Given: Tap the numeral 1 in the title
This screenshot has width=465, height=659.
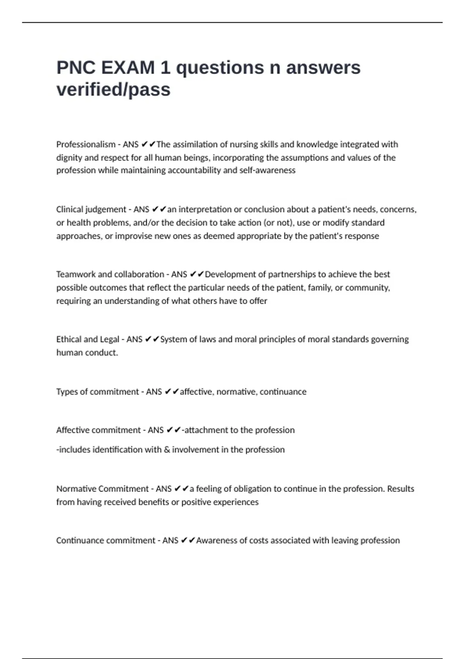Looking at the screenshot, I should click(165, 68).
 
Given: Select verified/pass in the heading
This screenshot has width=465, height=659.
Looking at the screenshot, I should click(114, 90).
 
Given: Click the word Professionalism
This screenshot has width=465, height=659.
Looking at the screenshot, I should click(86, 145).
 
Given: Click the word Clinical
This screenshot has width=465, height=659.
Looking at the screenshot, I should click(69, 210).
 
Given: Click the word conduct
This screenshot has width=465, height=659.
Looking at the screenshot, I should click(103, 353).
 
